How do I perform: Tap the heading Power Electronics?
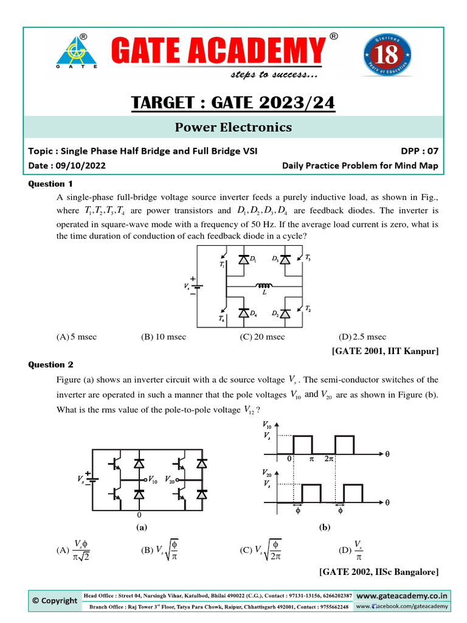pyautogui.click(x=233, y=127)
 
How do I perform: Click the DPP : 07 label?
pyautogui.click(x=417, y=151)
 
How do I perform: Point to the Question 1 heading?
pyautogui.click(x=51, y=184)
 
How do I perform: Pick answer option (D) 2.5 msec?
pyautogui.click(x=362, y=336)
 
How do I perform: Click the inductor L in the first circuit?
pyautogui.click(x=264, y=285)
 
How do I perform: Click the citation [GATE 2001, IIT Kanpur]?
pyautogui.click(x=385, y=351)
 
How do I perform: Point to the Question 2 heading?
pyautogui.click(x=51, y=364)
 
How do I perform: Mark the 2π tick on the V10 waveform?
pyautogui.click(x=329, y=460)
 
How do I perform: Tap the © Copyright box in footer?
pyautogui.click(x=55, y=600)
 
